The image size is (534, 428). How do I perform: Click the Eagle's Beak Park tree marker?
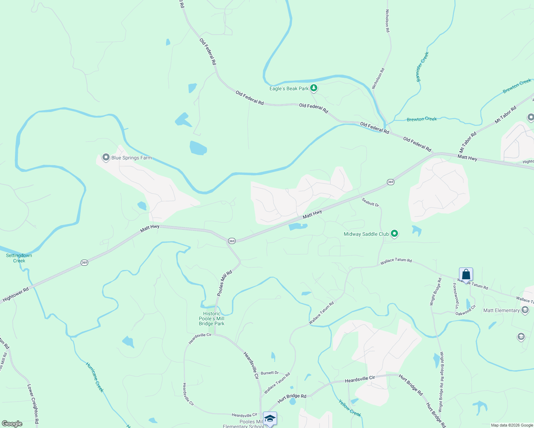click(313, 88)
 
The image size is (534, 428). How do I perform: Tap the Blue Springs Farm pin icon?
click(106, 157)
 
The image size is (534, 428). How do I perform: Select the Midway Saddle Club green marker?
click(394, 234)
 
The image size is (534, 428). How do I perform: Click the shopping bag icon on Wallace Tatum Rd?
click(466, 275)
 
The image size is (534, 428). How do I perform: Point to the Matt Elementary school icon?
click(525, 310)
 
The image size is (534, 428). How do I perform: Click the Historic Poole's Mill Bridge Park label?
click(212, 319)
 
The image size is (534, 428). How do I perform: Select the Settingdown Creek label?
click(19, 258)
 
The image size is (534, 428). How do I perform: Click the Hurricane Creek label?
click(95, 377)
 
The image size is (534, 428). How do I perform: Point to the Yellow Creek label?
click(350, 408)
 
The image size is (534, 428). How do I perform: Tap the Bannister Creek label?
click(423, 67)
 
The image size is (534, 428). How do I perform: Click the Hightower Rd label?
click(15, 295)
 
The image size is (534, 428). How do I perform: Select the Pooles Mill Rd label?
click(225, 283)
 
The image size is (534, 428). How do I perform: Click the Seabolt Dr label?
click(370, 202)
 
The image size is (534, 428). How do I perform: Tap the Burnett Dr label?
click(269, 373)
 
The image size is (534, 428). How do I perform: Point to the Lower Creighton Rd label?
click(33, 405)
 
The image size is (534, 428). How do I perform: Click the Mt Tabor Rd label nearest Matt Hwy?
click(468, 142)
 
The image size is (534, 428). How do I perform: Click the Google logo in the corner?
click(11, 424)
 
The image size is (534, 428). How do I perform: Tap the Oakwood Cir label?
click(465, 311)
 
